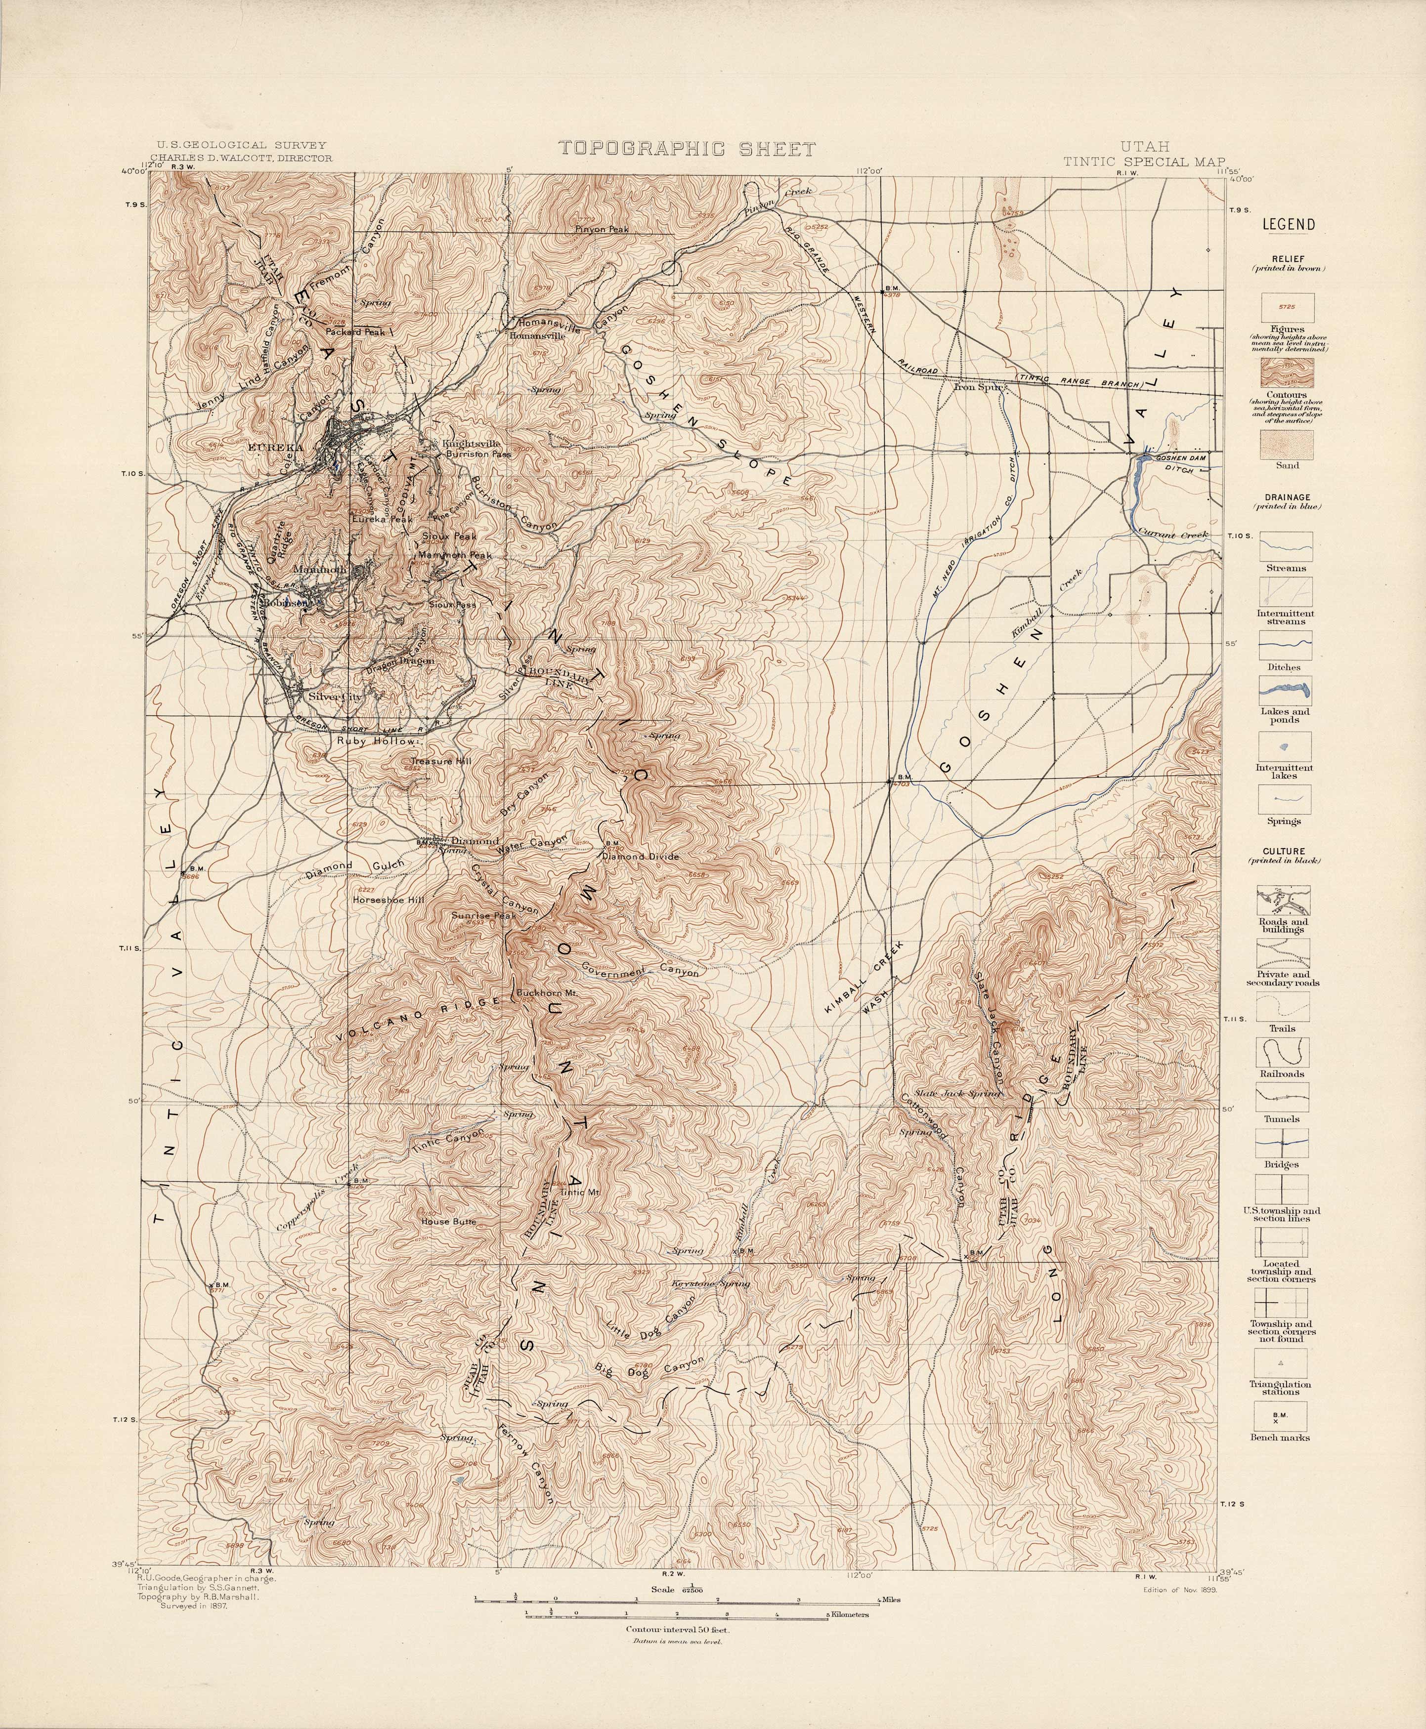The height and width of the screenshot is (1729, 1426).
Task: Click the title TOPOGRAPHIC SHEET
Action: (687, 149)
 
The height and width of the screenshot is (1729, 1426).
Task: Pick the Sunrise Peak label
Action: (483, 915)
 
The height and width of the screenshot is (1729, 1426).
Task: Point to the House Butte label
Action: (448, 1221)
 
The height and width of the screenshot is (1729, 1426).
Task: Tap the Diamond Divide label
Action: (641, 856)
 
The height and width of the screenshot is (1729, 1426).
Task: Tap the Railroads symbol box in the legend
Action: (1282, 1053)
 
